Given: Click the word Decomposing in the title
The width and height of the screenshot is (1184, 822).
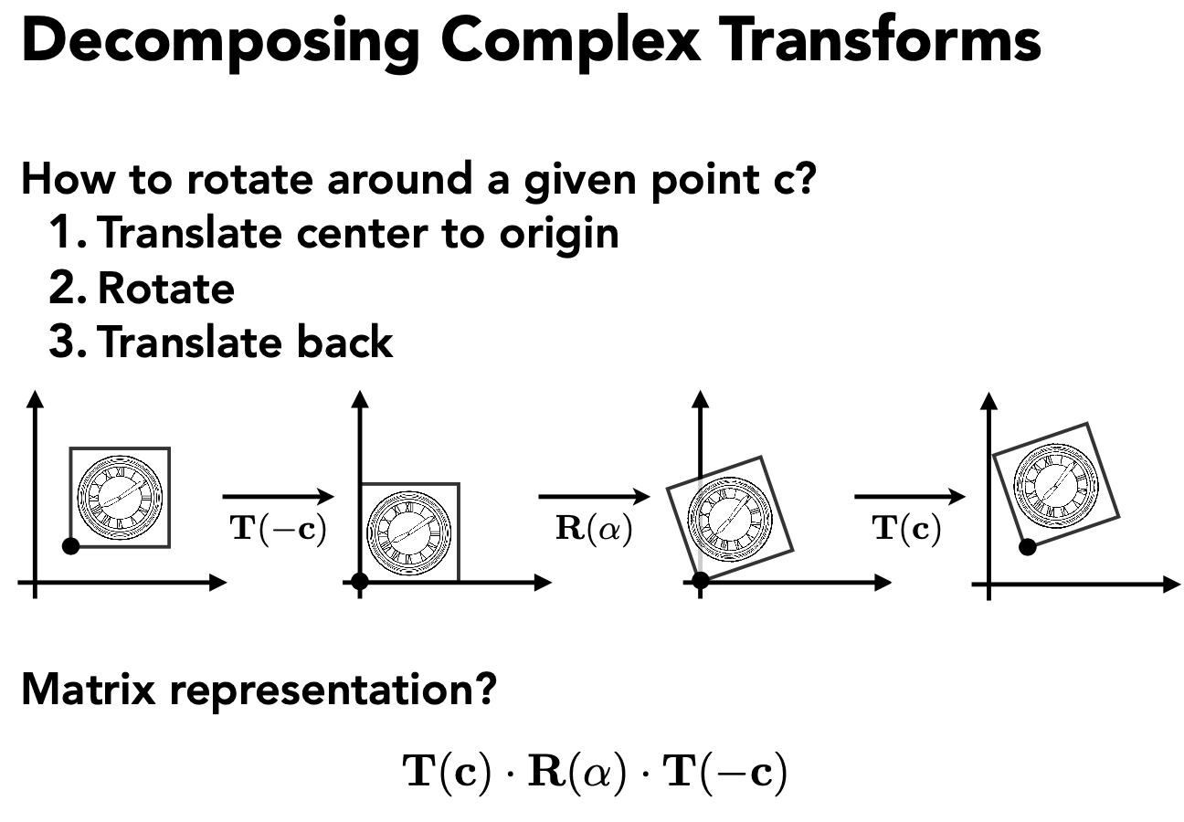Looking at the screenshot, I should click(219, 43).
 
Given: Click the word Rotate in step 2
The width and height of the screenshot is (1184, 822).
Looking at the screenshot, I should click(165, 288).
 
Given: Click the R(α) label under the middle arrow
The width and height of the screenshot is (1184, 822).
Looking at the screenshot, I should click(594, 530).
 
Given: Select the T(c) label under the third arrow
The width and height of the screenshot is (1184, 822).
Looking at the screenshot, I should click(907, 530).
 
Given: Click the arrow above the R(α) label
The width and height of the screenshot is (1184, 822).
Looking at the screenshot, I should click(594, 497).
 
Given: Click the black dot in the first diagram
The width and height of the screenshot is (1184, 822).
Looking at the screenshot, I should click(70, 546).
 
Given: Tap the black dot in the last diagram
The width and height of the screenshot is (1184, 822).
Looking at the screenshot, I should click(1027, 546).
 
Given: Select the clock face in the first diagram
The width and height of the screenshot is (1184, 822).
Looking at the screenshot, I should click(120, 496).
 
